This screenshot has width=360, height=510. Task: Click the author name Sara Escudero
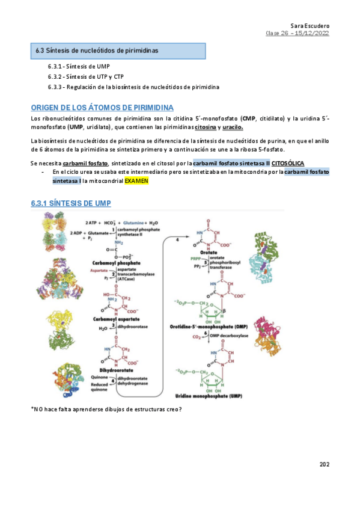coord(311,26)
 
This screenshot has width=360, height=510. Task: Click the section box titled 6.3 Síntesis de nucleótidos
coord(97,51)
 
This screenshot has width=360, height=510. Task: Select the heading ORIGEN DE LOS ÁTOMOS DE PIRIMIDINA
coord(102,107)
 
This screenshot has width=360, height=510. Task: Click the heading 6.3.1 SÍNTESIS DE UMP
coord(71,204)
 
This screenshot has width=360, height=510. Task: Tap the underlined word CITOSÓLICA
coord(288,163)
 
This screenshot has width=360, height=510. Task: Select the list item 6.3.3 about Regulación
coord(133,87)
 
